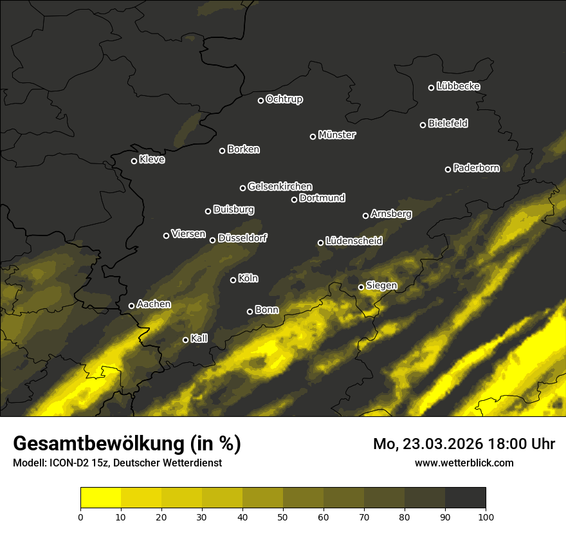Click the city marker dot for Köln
tap(233, 280)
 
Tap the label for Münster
tap(336, 135)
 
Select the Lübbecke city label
tap(458, 86)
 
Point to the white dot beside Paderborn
tap(448, 169)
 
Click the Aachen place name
tap(154, 304)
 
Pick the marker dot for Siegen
tap(361, 287)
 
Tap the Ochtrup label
tap(284, 99)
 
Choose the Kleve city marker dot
tap(134, 161)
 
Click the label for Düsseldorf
tap(242, 238)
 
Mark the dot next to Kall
tap(185, 340)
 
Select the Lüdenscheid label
tap(354, 241)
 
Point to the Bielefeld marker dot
tap(423, 125)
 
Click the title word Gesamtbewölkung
tap(96, 444)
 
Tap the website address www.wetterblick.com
tap(464, 463)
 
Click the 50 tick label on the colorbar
tap(283, 517)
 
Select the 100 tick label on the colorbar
tap(485, 517)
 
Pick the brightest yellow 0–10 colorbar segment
tap(101, 498)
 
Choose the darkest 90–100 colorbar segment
tap(465, 498)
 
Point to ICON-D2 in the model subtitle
tap(68, 463)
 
